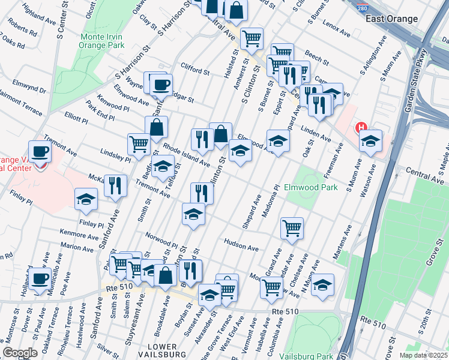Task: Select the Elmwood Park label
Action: [x=310, y=187]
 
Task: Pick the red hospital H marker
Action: [x=361, y=127]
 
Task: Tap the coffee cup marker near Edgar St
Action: [x=161, y=85]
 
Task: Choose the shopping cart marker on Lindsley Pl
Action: [x=139, y=143]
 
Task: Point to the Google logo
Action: [x=20, y=353]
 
